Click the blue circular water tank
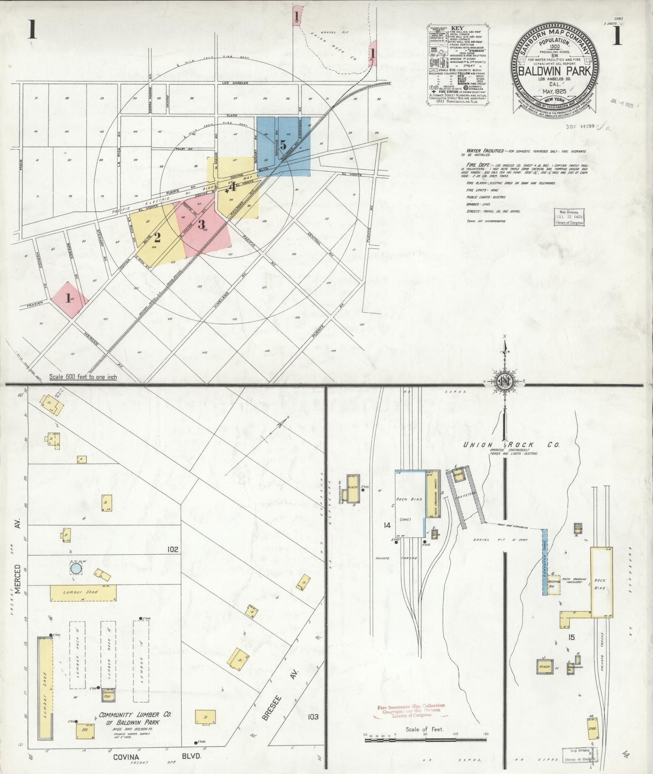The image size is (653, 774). (76, 569)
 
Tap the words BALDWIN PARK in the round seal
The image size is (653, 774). (556, 71)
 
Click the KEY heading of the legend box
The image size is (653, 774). (458, 28)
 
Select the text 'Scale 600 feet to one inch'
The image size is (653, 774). (83, 377)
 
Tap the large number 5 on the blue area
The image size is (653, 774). (283, 145)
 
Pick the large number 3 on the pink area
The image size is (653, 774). (202, 224)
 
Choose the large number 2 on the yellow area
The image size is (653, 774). (157, 237)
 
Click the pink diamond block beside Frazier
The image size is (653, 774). (69, 299)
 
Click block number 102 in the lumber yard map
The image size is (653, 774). (172, 550)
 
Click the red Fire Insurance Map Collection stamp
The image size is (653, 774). (411, 710)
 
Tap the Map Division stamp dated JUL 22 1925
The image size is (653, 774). (569, 218)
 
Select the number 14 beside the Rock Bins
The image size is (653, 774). (387, 525)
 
